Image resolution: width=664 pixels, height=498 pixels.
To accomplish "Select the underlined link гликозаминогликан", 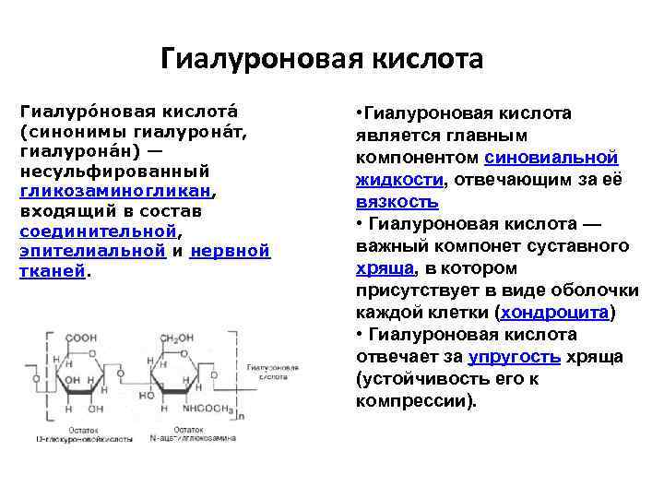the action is click(x=116, y=192).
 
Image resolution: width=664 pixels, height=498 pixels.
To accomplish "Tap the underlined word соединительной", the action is click(x=97, y=231).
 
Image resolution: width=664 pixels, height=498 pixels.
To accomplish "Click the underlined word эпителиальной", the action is click(x=92, y=251).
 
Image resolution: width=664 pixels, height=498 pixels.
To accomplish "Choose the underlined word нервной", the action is click(x=230, y=251).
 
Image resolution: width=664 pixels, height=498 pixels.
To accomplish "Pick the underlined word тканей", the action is click(x=52, y=271).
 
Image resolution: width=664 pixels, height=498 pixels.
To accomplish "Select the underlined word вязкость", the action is click(x=397, y=201).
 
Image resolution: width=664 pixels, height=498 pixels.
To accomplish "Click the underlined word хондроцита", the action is click(x=555, y=312).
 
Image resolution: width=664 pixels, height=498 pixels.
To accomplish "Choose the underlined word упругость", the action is click(x=513, y=356).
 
